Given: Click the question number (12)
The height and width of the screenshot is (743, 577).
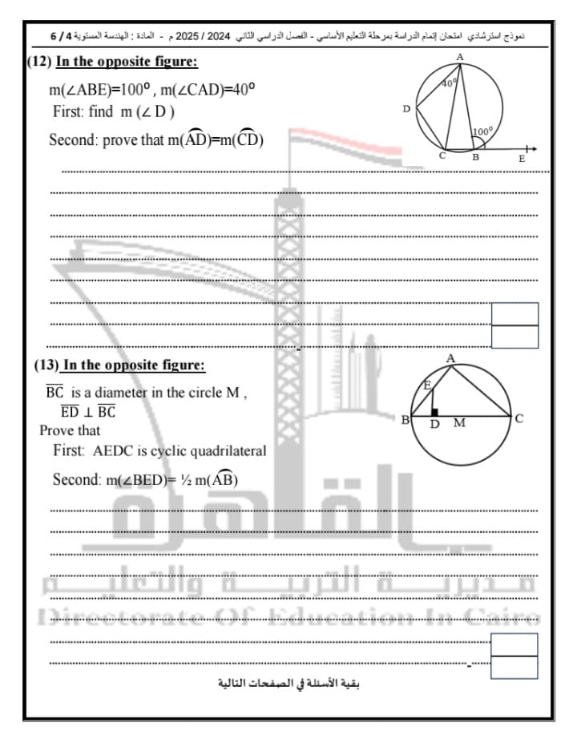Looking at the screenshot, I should (x=39, y=62).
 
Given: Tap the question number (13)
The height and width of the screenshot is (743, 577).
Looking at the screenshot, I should (x=46, y=365).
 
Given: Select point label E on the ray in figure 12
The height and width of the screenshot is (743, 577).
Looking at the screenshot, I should (x=522, y=159).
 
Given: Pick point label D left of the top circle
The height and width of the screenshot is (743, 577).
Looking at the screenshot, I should (x=406, y=109).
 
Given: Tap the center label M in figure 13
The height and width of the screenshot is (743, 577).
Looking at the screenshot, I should (x=459, y=423).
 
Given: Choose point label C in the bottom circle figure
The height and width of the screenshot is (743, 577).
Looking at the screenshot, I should (x=519, y=418).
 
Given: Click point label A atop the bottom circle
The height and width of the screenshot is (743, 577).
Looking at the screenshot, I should (x=450, y=357).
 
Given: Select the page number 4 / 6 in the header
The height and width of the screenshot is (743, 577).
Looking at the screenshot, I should (x=65, y=37).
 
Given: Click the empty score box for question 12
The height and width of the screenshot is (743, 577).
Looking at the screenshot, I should (x=514, y=325).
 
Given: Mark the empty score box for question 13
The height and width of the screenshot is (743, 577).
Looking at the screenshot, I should (x=514, y=655).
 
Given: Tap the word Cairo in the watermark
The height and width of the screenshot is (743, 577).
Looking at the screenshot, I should (x=513, y=617).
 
